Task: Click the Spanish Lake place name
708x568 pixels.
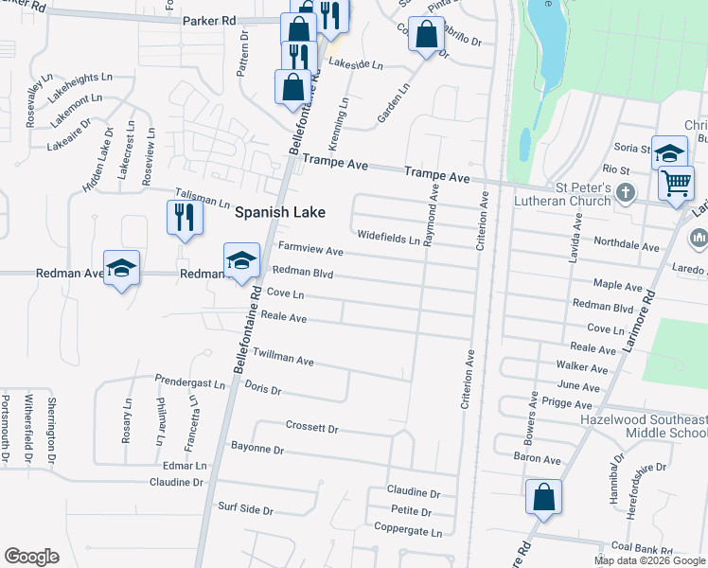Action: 280,213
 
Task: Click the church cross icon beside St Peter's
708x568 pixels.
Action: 624,193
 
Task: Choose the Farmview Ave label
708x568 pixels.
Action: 310,250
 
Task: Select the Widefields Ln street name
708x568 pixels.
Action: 388,237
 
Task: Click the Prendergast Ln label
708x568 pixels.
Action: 190,382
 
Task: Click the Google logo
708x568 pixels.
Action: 31,557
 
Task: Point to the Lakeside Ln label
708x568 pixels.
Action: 355,65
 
